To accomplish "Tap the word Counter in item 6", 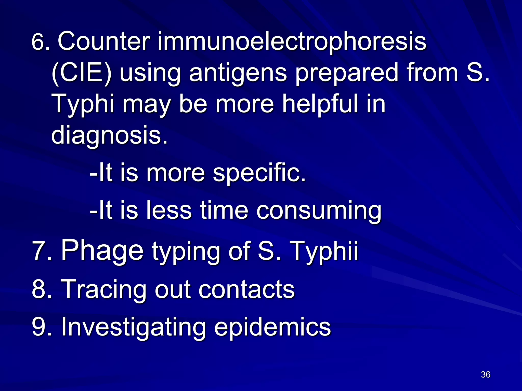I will [103, 41].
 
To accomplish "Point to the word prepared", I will [346, 74].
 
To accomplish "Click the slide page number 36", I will [486, 374].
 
